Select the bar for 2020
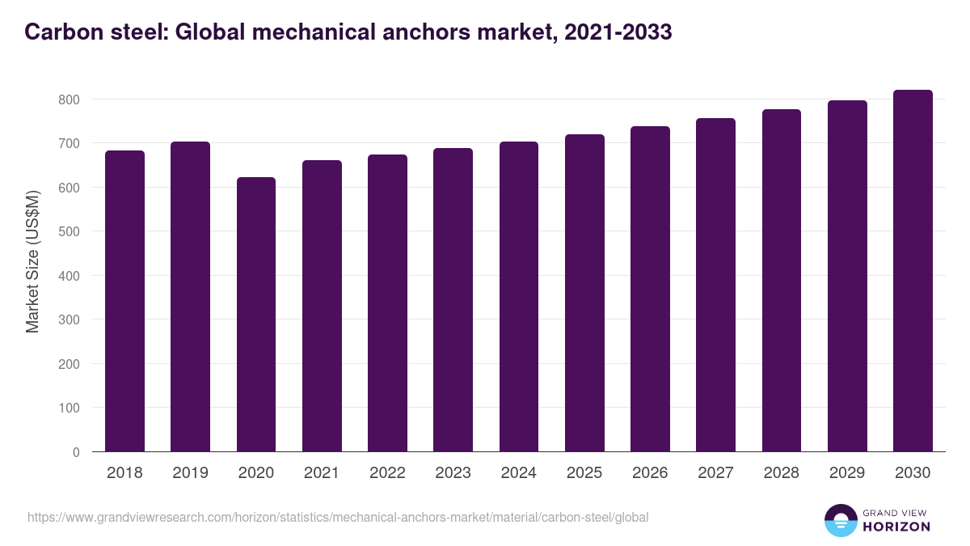click(256, 315)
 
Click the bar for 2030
click(913, 271)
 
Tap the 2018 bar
click(124, 301)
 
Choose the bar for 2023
click(453, 300)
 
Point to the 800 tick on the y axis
click(70, 99)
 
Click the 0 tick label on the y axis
click(76, 452)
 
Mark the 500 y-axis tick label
click(70, 231)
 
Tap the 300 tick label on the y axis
click(70, 320)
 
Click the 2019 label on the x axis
click(190, 473)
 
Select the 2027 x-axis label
click(715, 473)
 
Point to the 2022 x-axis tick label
click(387, 473)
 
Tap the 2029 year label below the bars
click(847, 473)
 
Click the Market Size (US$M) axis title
click(33, 261)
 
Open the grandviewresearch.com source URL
click(338, 517)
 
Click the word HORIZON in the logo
click(896, 527)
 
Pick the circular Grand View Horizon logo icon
click(841, 520)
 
